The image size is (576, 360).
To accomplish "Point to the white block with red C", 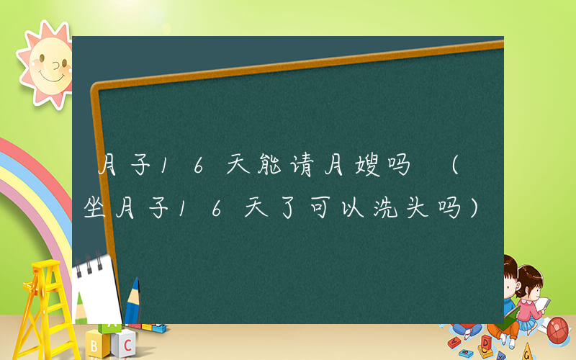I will click(125, 340).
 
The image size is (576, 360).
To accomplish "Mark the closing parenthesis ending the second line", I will click(474, 208).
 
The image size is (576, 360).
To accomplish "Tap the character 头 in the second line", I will click(419, 208).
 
